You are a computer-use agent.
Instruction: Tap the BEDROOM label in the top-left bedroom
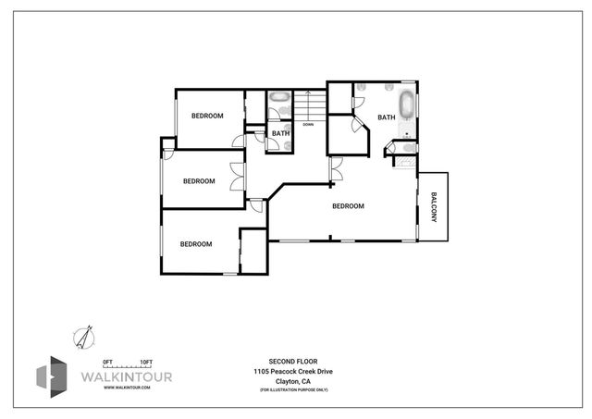[x=208, y=116]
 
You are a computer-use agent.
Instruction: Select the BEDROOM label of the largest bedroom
[x=348, y=206]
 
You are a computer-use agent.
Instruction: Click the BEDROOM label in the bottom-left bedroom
[x=196, y=244]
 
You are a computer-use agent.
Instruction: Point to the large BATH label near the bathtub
[x=386, y=117]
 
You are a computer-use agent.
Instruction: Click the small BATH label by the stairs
[x=281, y=133]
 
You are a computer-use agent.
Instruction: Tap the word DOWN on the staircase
[x=308, y=124]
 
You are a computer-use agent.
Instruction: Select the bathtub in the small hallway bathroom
[x=280, y=98]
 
